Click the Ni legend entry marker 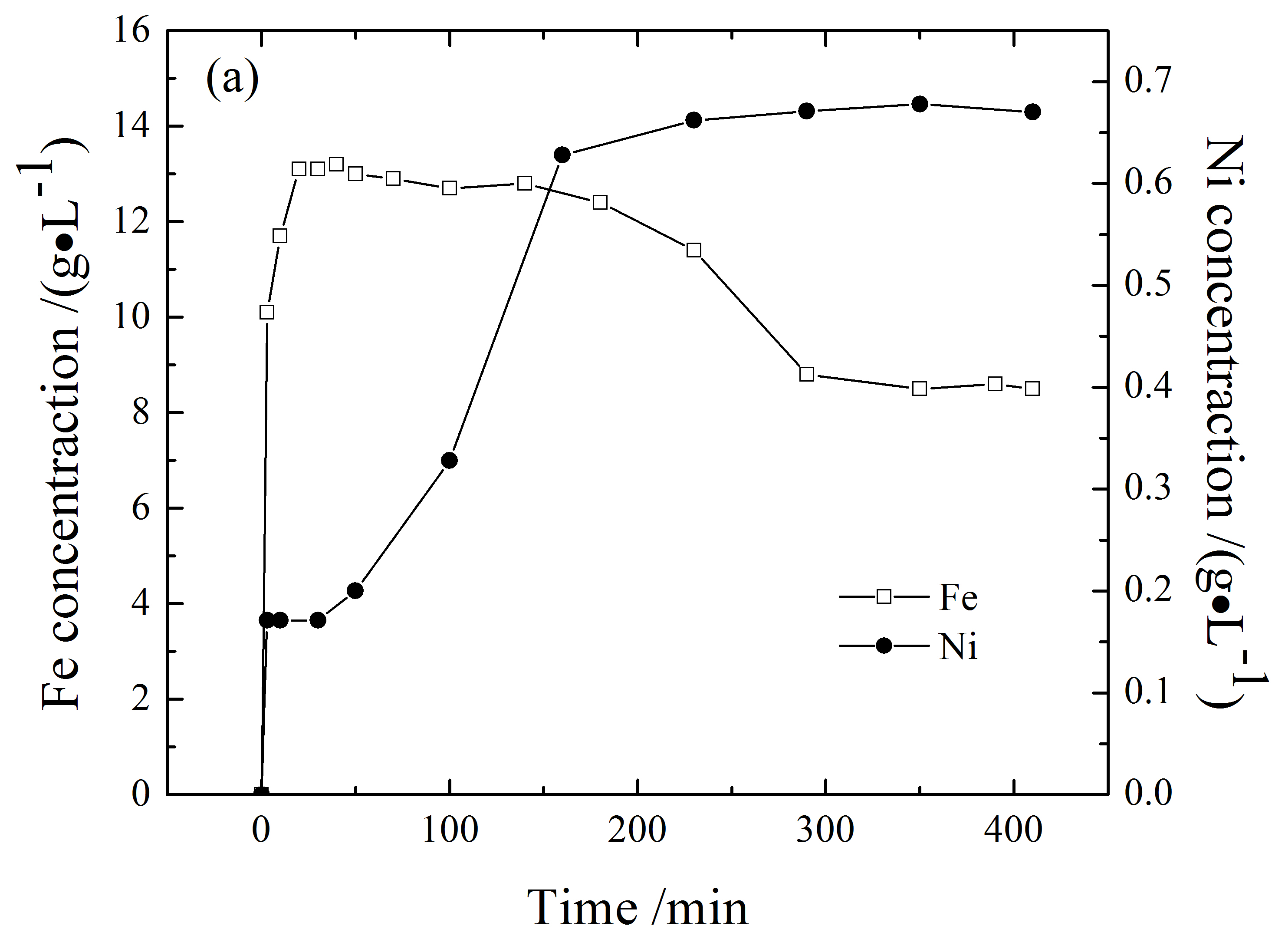(884, 646)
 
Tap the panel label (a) (232, 79)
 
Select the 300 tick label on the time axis (825, 830)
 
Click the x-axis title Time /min (638, 908)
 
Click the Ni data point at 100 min (449, 461)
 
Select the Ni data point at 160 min (562, 155)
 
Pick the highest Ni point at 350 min (920, 104)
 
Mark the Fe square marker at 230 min (693, 250)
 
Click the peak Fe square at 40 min (336, 164)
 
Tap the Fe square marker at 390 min (995, 384)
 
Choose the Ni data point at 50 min (355, 590)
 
